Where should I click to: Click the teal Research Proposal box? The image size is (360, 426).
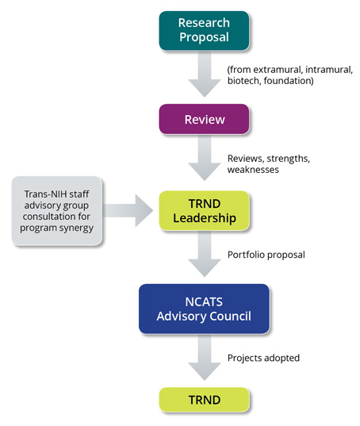pyautogui.click(x=204, y=30)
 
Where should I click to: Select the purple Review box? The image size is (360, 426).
pyautogui.click(x=204, y=119)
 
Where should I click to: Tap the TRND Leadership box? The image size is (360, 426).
pyautogui.click(x=204, y=210)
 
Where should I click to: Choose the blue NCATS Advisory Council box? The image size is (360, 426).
pyautogui.click(x=204, y=309)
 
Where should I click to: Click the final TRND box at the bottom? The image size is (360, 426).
pyautogui.click(x=204, y=400)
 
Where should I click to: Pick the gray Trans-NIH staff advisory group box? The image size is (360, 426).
pyautogui.click(x=57, y=211)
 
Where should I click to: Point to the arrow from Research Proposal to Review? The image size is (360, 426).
pyautogui.click(x=205, y=74)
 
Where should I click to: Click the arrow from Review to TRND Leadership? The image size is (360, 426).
pyautogui.click(x=205, y=158)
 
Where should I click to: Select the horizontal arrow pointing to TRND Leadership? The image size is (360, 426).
pyautogui.click(x=128, y=210)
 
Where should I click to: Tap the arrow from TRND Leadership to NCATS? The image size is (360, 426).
pyautogui.click(x=205, y=254)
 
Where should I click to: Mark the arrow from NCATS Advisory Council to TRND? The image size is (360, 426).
pyautogui.click(x=205, y=357)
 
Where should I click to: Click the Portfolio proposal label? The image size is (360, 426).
pyautogui.click(x=266, y=255)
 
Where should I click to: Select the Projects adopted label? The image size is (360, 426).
pyautogui.click(x=263, y=358)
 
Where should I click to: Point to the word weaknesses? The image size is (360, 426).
pyautogui.click(x=253, y=170)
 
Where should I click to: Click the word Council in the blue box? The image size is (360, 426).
pyautogui.click(x=231, y=317)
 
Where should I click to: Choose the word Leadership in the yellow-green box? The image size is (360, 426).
pyautogui.click(x=205, y=218)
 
